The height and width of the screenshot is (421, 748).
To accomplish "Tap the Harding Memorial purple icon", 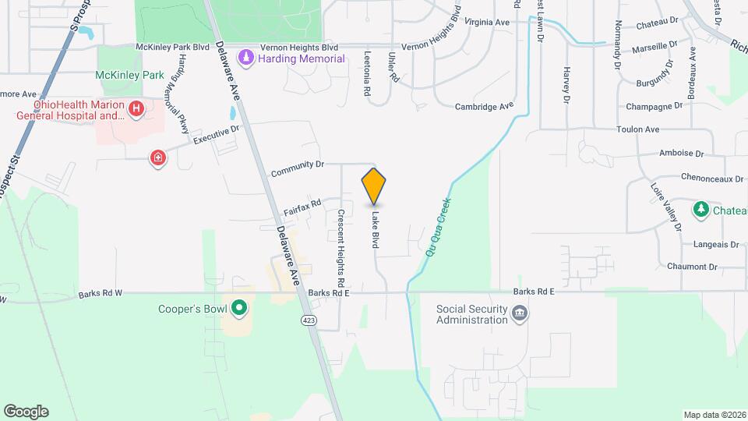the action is pos(246,58).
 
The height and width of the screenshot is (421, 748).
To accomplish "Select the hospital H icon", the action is pos(137,108).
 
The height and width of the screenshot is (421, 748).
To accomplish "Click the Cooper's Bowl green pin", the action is pos(240,310).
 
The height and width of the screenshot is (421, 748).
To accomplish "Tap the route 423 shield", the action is pos(309,320).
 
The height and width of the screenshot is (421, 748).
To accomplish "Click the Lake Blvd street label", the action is pos(375,230).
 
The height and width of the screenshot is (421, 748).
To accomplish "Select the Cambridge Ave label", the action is pos(485,106).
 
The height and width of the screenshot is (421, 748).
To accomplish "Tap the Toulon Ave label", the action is pos(637,129).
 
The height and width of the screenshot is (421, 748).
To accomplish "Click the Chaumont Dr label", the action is pos(691,267).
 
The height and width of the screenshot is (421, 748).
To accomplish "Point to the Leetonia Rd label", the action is pos(367,74).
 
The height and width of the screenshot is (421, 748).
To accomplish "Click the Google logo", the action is pos(26,412).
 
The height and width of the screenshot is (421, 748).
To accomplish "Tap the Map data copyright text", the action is pos(714,415).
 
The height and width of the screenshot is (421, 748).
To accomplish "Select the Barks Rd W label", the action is pos(101,294).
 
